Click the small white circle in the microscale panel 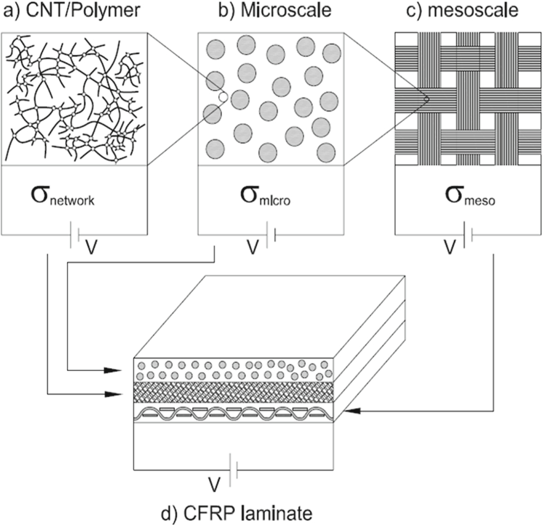tap(223, 97)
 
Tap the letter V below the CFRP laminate tap(213, 484)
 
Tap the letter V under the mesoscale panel tap(450, 247)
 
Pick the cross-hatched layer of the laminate tap(234, 394)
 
